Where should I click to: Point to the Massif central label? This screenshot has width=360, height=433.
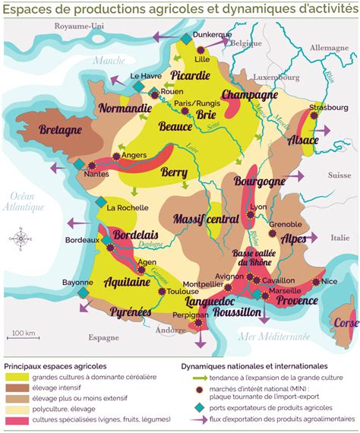tap(206, 219)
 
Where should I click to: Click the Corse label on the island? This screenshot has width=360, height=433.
tap(346, 323)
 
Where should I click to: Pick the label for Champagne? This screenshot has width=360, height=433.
tap(249, 96)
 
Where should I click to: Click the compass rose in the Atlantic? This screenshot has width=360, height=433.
tap(21, 239)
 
